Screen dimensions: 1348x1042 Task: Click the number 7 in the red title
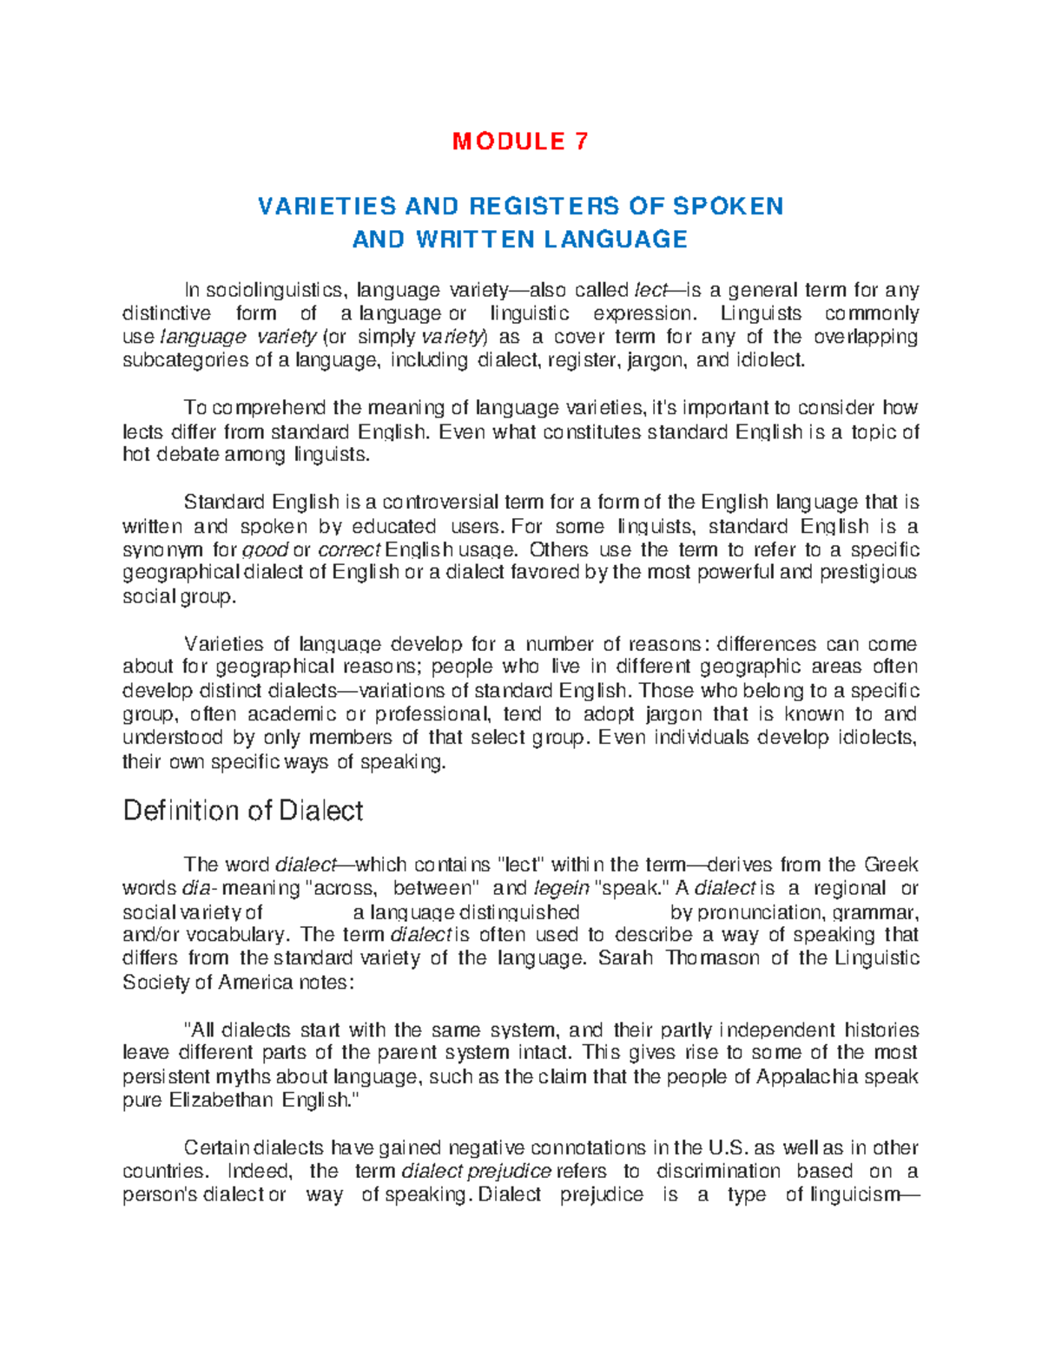coord(581,141)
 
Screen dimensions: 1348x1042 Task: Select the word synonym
coord(163,550)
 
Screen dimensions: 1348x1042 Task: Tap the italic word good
coord(265,550)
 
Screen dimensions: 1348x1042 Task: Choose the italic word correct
coord(349,550)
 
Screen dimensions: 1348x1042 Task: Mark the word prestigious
coord(868,573)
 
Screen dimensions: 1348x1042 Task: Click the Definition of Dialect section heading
coord(243,811)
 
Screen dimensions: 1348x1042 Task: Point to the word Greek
coord(891,865)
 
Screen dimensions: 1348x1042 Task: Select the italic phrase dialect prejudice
coord(477,1172)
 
